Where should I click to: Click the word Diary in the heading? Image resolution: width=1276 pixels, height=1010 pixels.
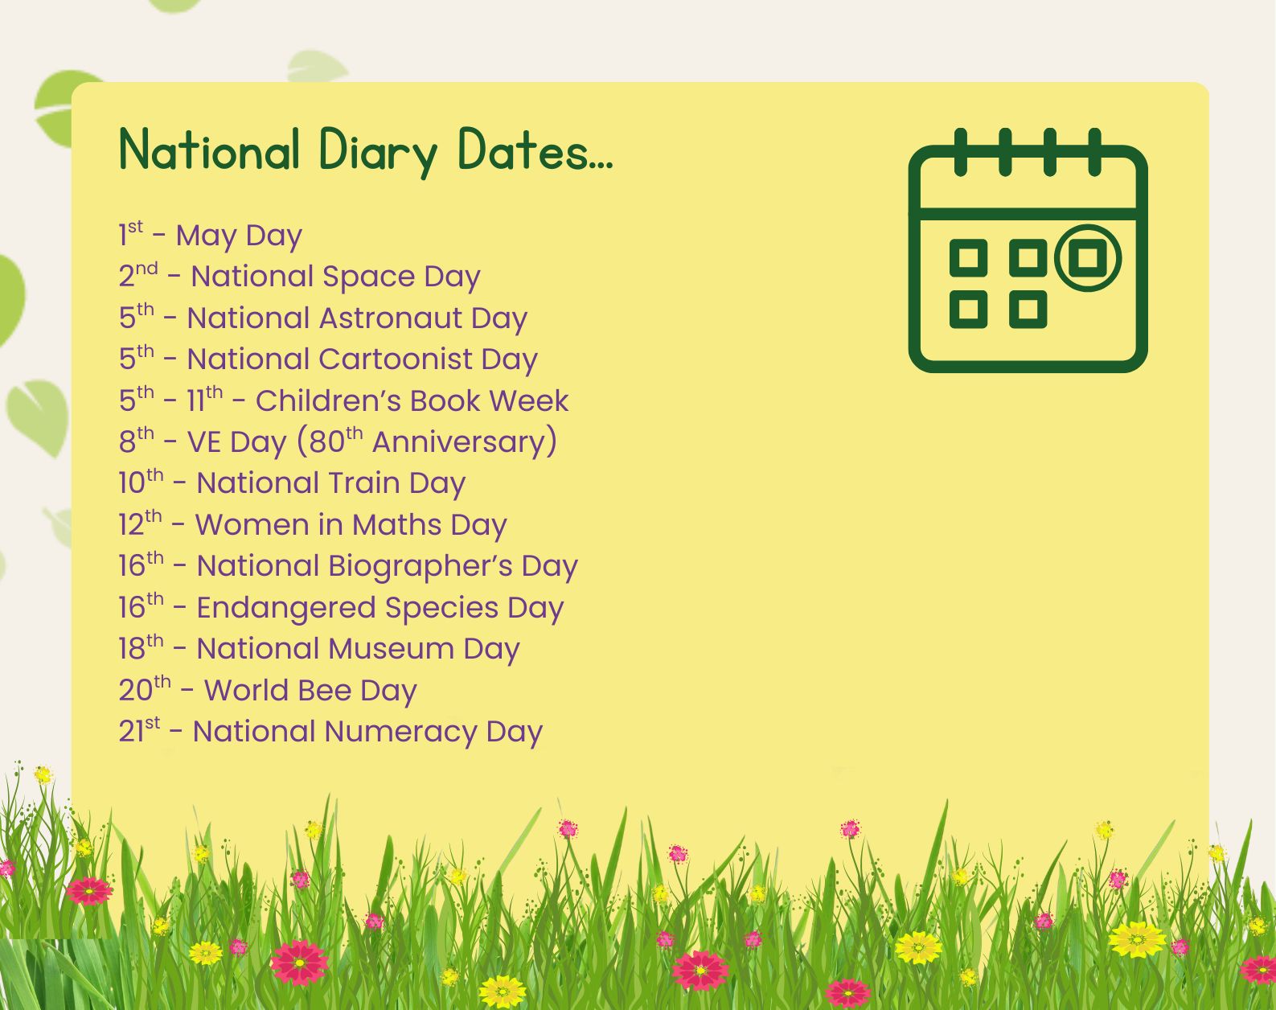[x=378, y=152]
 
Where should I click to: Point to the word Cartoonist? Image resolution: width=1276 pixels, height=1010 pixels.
[x=395, y=359]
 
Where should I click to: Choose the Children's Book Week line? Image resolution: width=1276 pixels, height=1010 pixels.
[x=343, y=400]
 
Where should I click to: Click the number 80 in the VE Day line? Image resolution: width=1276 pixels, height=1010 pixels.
[x=326, y=441]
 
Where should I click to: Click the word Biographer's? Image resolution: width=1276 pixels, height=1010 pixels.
[x=420, y=567]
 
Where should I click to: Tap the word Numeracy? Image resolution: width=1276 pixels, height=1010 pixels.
[x=401, y=732]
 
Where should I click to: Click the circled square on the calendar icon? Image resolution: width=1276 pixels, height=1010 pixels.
[x=1088, y=258]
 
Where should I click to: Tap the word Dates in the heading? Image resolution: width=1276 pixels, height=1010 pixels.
[x=535, y=150]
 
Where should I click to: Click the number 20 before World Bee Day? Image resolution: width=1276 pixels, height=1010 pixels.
[x=137, y=690]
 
